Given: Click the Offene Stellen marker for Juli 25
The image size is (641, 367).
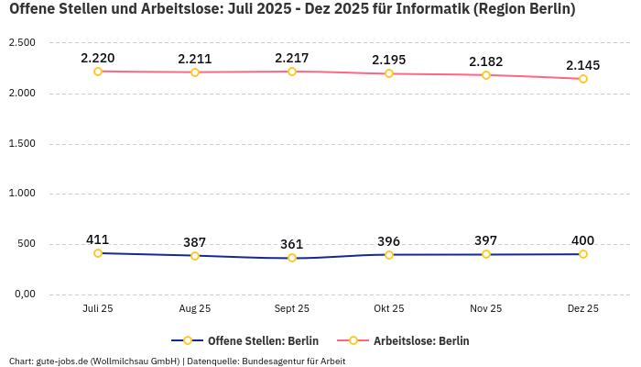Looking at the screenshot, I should click(98, 253).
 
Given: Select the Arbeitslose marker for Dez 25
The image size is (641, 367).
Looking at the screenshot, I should click(582, 79).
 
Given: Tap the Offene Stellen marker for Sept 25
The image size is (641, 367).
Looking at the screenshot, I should click(292, 258).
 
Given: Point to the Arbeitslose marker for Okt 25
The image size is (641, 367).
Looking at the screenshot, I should click(389, 73).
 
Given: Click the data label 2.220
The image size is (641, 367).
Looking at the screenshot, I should click(98, 58).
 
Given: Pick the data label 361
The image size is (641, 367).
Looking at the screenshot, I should click(292, 244).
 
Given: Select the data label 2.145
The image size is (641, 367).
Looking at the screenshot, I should click(582, 65).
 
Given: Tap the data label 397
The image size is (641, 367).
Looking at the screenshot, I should click(486, 240).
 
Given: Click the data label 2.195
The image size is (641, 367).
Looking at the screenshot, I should click(389, 60).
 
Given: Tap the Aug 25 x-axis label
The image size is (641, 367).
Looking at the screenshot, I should click(195, 309).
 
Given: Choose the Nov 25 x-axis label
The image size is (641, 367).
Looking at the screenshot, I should click(486, 309).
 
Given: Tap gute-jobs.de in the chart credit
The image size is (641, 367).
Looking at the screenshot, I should click(62, 361).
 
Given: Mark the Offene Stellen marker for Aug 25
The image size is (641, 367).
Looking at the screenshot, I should click(195, 256).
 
